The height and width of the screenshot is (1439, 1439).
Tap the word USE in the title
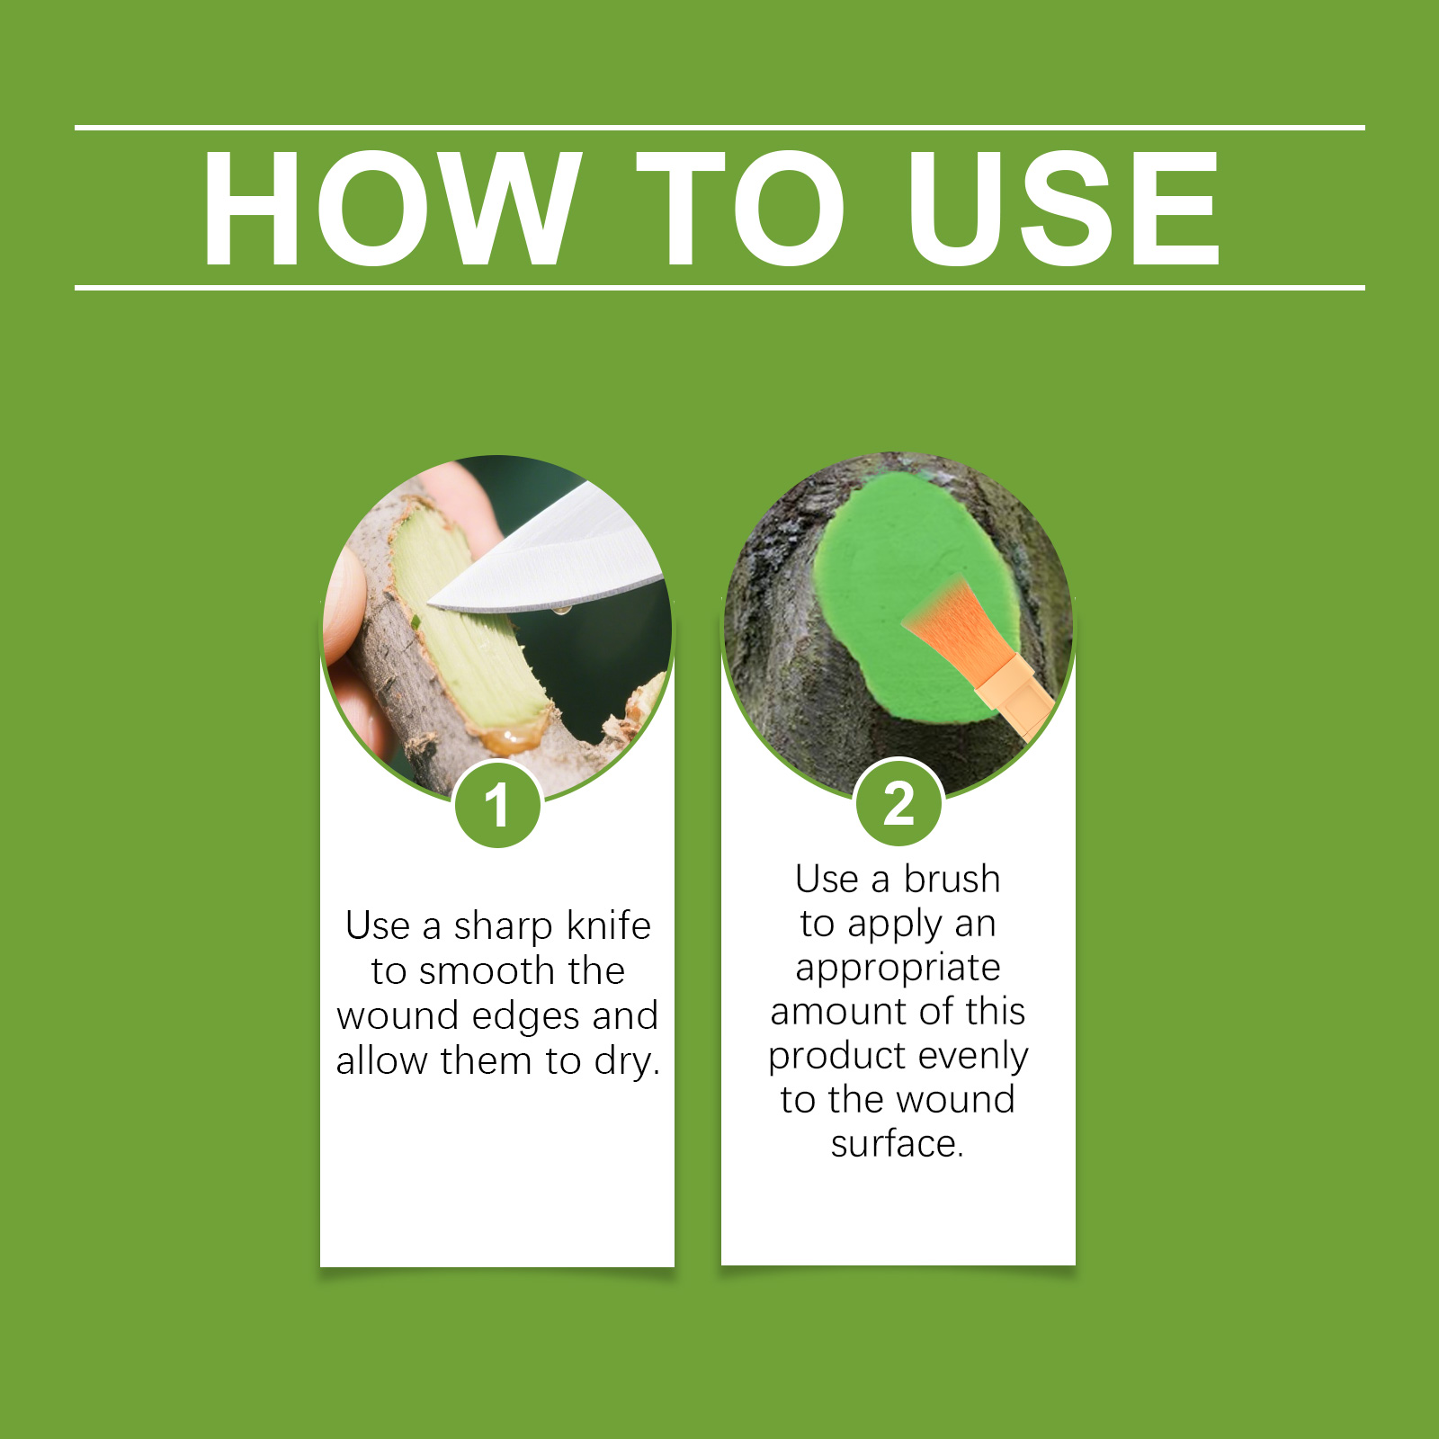[1063, 209]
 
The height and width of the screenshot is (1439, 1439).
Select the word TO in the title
[741, 209]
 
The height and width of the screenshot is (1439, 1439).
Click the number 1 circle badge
[497, 804]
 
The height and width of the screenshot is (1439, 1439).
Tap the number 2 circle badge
[898, 802]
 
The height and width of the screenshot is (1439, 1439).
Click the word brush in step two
[952, 879]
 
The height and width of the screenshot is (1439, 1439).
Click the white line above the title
[719, 128]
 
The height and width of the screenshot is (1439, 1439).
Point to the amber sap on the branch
[513, 739]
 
